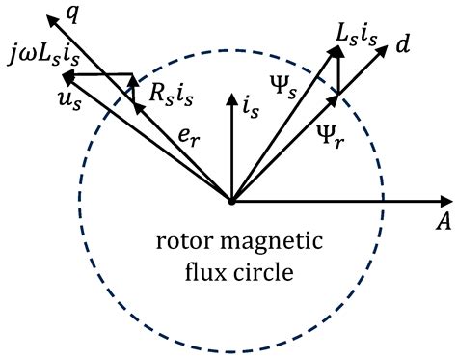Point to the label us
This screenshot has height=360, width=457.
(x=40, y=98)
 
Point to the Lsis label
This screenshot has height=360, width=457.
(x=357, y=33)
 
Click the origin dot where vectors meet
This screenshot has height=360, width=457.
(x=230, y=201)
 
